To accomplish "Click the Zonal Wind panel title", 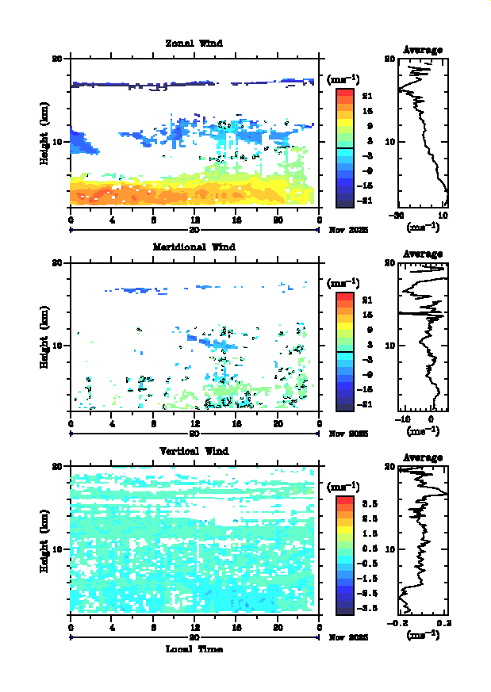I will [x=194, y=44].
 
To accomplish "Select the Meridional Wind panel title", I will [x=194, y=247].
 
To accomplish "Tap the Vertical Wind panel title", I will [x=194, y=451].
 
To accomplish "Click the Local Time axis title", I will [x=194, y=649].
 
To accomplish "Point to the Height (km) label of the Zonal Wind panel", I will [x=46, y=132].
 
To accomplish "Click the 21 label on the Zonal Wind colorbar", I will [x=367, y=95].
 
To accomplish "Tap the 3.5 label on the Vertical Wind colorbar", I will [x=368, y=503].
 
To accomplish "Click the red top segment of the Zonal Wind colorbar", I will [x=344, y=93].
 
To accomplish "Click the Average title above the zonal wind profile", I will [x=423, y=50].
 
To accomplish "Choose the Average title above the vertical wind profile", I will [x=423, y=457].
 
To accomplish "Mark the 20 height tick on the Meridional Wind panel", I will [x=57, y=263].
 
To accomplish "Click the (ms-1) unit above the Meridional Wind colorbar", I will [x=343, y=283].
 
